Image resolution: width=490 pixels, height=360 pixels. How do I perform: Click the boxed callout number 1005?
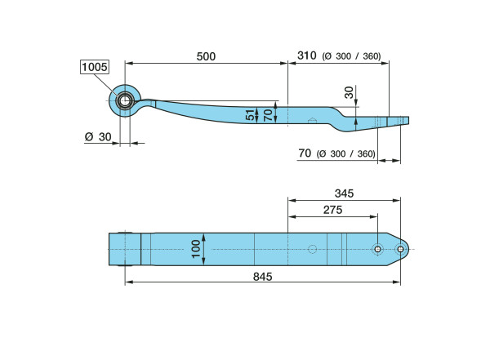pyautogui.click(x=95, y=67)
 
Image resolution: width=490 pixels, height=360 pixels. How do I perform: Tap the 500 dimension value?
pyautogui.click(x=206, y=56)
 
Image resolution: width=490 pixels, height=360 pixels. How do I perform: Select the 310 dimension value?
pyautogui.click(x=306, y=56)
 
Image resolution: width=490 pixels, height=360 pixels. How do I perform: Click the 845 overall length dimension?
pyautogui.click(x=262, y=277)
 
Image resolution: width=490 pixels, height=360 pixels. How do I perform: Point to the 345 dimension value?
pyautogui.click(x=344, y=193)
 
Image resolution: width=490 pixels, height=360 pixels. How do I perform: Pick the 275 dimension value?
pyautogui.click(x=333, y=210)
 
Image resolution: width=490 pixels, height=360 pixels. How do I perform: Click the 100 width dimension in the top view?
pyautogui.click(x=196, y=249)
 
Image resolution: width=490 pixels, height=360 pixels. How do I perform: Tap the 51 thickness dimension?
pyautogui.click(x=251, y=114)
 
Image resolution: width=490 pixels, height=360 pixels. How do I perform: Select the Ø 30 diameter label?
pyautogui.click(x=98, y=137)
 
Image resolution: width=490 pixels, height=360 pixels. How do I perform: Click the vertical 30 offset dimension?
pyautogui.click(x=349, y=92)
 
